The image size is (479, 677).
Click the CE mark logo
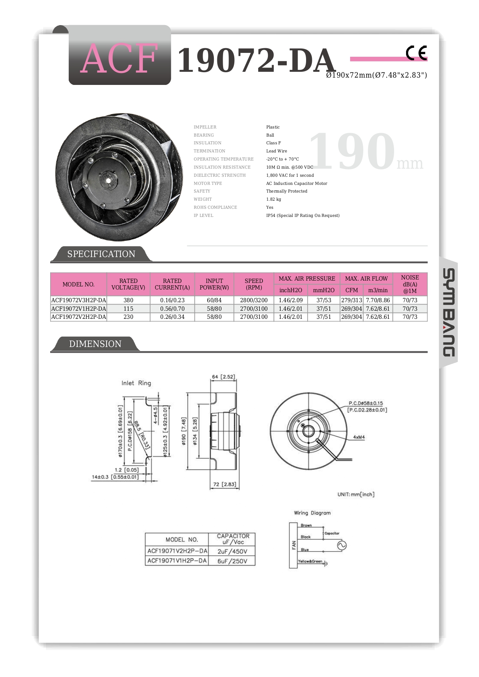416,53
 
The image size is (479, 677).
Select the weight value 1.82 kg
273,199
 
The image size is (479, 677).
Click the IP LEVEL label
203,215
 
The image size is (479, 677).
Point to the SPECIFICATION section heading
101,254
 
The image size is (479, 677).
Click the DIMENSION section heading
95,344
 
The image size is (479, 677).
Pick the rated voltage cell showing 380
128,300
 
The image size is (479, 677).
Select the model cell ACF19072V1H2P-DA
78,309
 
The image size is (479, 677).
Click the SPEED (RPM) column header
254,284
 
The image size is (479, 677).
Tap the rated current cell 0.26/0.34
172,317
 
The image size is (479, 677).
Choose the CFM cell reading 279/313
351,300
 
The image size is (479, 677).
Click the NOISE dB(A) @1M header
410,284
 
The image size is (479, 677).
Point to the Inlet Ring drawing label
136,383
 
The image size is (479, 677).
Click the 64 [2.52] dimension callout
223,377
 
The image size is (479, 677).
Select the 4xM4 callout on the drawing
359,437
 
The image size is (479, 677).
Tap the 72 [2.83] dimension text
224,484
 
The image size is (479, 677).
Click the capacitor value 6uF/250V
232,561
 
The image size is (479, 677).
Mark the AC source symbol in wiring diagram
342,545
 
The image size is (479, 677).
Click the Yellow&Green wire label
310,561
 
